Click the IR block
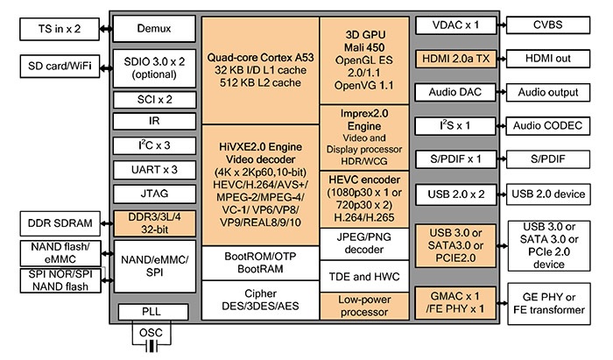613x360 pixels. pyautogui.click(x=154, y=121)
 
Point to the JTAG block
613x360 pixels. pyautogui.click(x=154, y=191)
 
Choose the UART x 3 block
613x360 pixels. pyautogui.click(x=154, y=167)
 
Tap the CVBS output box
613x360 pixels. pyautogui.click(x=551, y=25)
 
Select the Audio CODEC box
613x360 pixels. pyautogui.click(x=551, y=125)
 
